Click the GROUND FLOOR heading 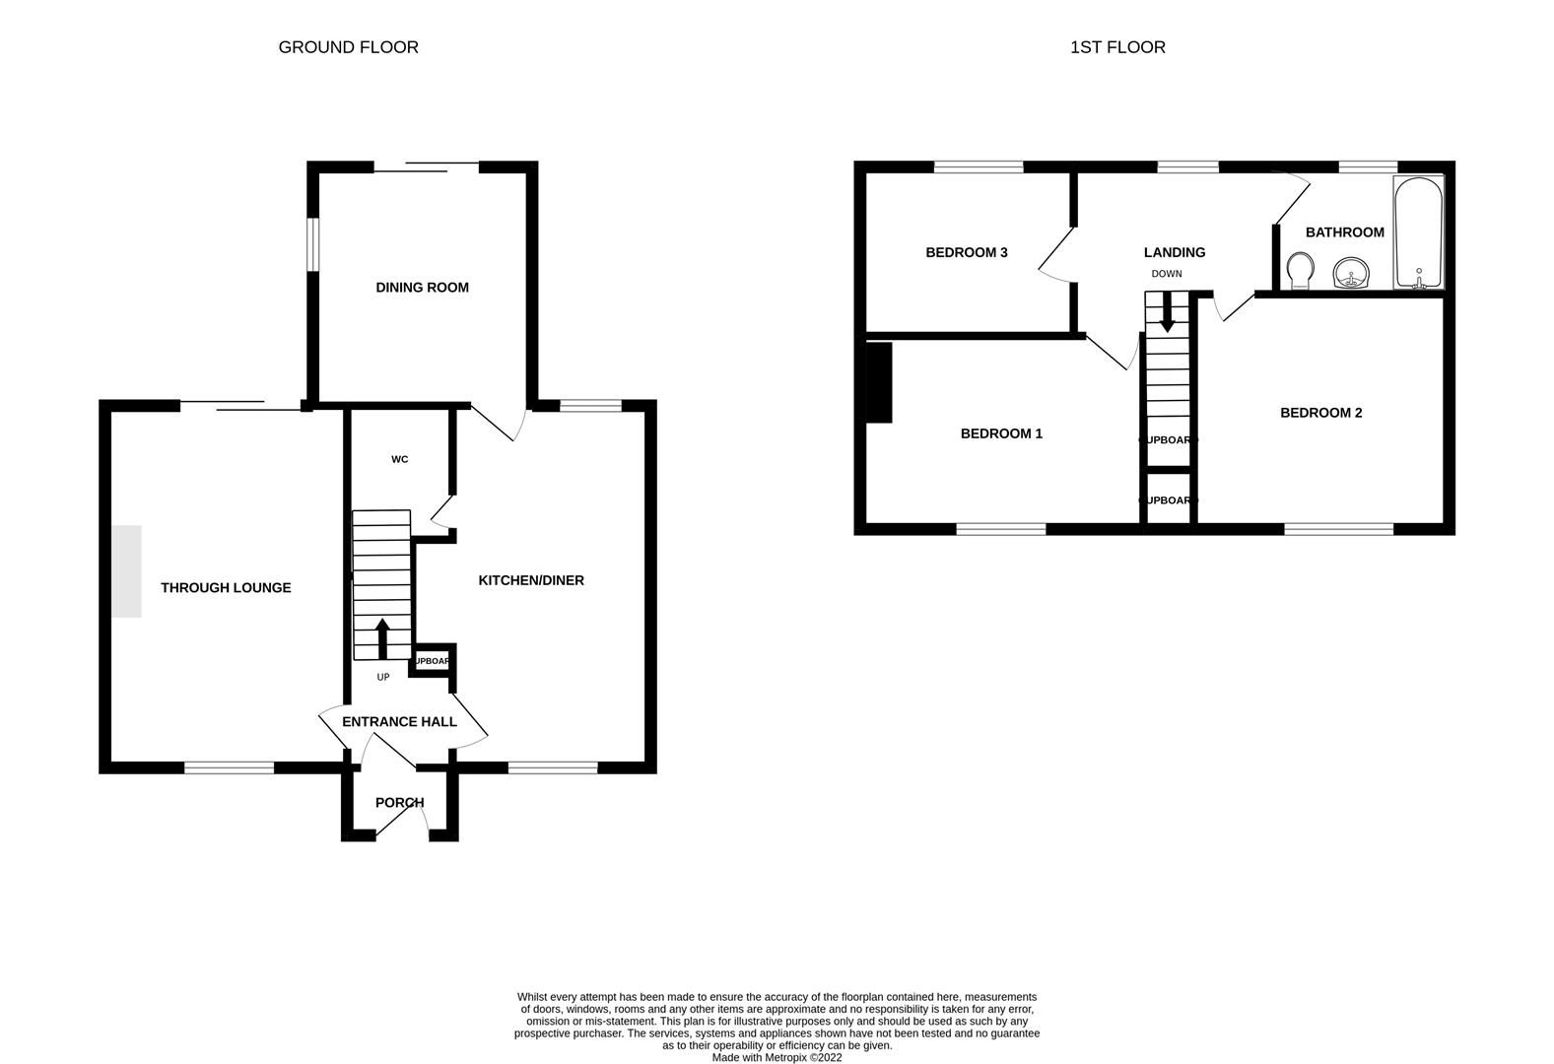[x=348, y=47]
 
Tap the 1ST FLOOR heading [x=1117, y=47]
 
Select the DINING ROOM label [x=422, y=288]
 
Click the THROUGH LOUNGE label [x=226, y=588]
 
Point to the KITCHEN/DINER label [x=531, y=581]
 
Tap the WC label [x=399, y=459]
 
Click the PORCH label [x=399, y=803]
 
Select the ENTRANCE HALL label [x=399, y=722]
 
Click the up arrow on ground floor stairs [x=382, y=636]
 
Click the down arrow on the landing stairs [x=1167, y=314]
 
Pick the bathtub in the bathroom [x=1418, y=233]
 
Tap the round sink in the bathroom [x=1350, y=273]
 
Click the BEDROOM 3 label [x=966, y=253]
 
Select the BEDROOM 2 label [x=1320, y=413]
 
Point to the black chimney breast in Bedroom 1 [x=878, y=382]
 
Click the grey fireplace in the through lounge [x=126, y=571]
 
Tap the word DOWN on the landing [x=1166, y=274]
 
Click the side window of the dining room [x=311, y=242]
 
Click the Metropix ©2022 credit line [x=777, y=1057]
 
